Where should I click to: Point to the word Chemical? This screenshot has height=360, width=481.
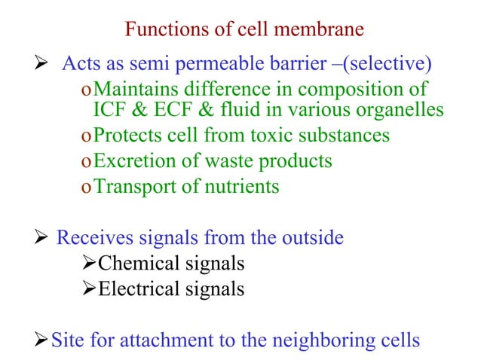click(x=135, y=264)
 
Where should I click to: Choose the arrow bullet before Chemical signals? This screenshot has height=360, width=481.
click(x=89, y=264)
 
